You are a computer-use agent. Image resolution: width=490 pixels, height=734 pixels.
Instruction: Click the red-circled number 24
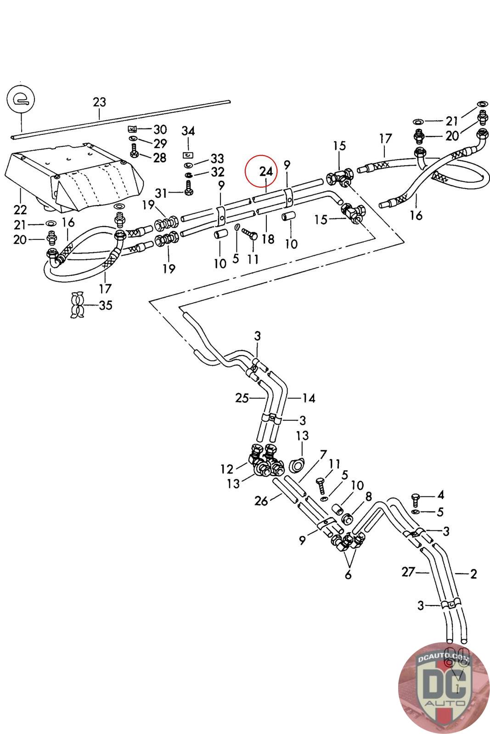pos(266,172)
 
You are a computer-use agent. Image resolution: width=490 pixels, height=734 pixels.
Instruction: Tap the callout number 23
pos(99,102)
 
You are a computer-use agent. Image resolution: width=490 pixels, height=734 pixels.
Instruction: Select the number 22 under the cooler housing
pos(20,210)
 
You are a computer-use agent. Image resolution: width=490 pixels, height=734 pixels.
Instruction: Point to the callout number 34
pos(188,131)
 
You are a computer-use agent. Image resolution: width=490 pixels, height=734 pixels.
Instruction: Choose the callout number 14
pos(309,398)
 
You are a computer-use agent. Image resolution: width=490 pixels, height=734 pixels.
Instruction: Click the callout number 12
pos(227,469)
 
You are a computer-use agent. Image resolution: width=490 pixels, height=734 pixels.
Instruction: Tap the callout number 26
pos(261,501)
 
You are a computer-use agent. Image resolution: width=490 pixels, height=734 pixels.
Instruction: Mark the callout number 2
pos(473,573)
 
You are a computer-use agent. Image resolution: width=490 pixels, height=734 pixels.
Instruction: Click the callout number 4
pos(440,495)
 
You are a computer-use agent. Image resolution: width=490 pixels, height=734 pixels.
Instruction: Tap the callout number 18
pos(268,239)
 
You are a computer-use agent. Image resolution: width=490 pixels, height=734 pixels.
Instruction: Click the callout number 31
pos(161,193)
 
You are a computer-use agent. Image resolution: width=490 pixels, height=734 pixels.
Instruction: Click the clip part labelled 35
pos(76,304)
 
